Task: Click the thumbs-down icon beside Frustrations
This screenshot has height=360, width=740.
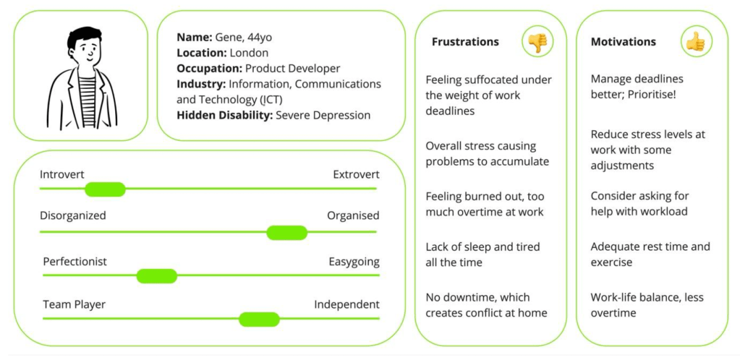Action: pyautogui.click(x=537, y=42)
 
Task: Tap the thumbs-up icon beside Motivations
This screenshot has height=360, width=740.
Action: pyautogui.click(x=695, y=42)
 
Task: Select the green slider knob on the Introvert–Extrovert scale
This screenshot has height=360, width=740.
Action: pyautogui.click(x=105, y=189)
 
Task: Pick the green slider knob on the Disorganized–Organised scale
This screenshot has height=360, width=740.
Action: pyautogui.click(x=286, y=233)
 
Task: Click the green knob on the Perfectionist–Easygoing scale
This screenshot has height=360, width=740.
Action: pyautogui.click(x=157, y=275)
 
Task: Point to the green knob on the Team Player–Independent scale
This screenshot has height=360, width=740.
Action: pyautogui.click(x=259, y=319)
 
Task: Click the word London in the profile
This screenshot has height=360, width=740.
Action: pyautogui.click(x=249, y=53)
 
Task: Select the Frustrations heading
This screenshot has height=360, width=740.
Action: pyautogui.click(x=465, y=42)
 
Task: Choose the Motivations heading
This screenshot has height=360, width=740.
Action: pyautogui.click(x=623, y=42)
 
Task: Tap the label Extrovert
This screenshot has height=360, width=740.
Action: pyautogui.click(x=356, y=174)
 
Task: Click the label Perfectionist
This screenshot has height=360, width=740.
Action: pyautogui.click(x=75, y=261)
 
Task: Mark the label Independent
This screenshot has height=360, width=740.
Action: pyautogui.click(x=346, y=304)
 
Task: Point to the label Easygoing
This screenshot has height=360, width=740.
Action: pyautogui.click(x=354, y=261)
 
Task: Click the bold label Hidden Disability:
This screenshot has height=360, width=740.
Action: pyautogui.click(x=224, y=115)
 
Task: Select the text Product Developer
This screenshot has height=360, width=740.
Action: pyautogui.click(x=292, y=69)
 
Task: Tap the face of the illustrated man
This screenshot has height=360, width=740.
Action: pyautogui.click(x=86, y=52)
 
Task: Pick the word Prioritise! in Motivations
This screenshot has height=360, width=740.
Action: pyautogui.click(x=655, y=95)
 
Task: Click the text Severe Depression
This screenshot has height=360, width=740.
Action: pyautogui.click(x=323, y=115)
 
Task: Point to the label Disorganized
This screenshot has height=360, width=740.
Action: pyautogui.click(x=73, y=215)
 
